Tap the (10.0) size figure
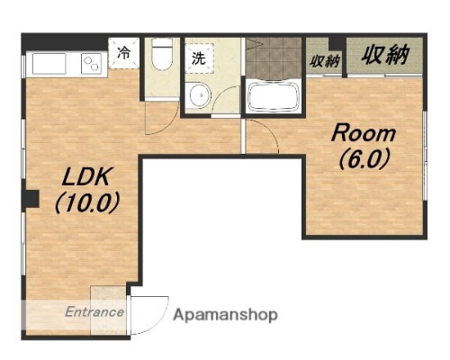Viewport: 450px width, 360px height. pos(87,202)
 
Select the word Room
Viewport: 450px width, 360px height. pos(364,134)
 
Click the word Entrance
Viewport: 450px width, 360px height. pos(94,312)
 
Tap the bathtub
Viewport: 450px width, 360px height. pos(274,97)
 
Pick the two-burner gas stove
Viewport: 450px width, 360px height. pos(93,63)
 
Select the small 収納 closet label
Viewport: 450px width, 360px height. pos(325,61)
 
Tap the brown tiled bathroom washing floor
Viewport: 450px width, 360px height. pos(274,58)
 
